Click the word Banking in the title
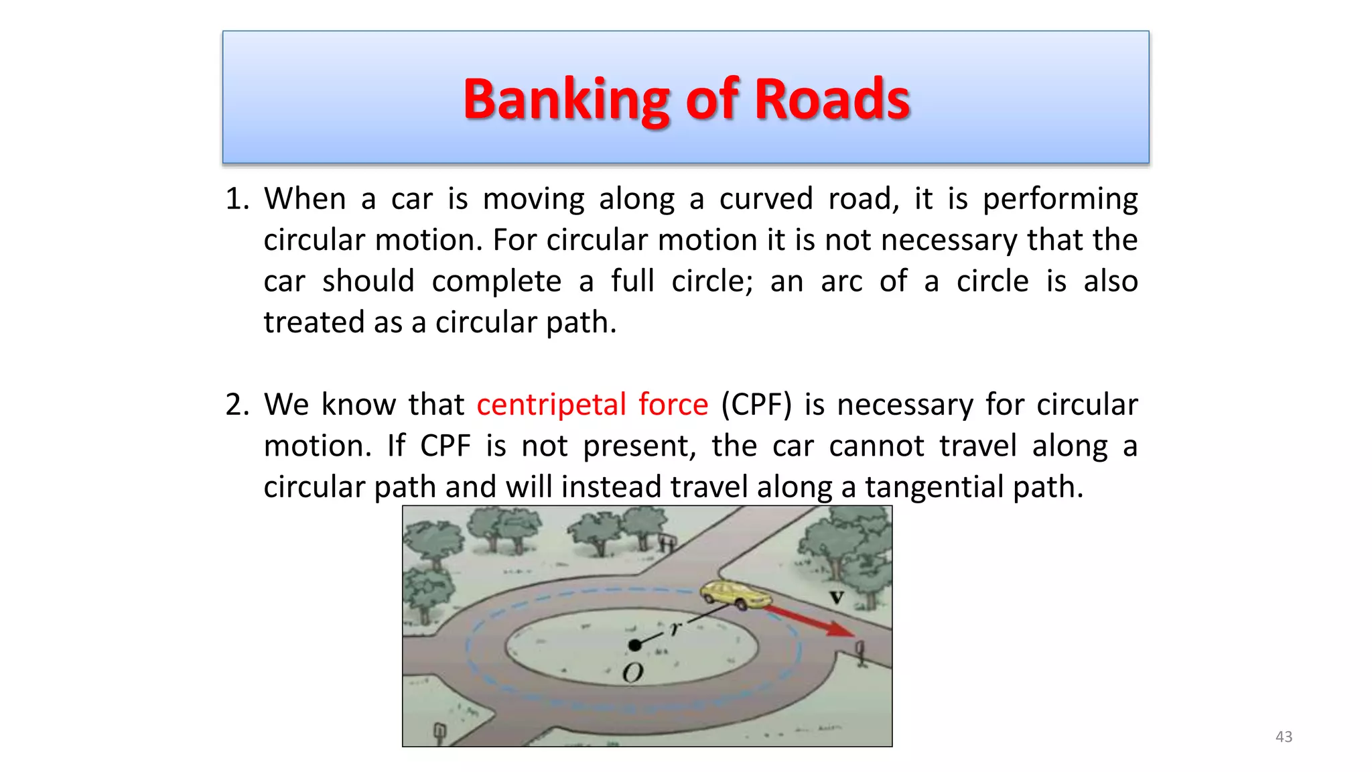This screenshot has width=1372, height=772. click(566, 99)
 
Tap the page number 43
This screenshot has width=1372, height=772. click(1284, 736)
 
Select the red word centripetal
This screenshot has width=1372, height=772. click(551, 405)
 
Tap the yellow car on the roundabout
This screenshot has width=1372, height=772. click(733, 594)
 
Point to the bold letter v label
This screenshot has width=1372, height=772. click(837, 596)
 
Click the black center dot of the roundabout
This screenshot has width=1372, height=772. click(634, 645)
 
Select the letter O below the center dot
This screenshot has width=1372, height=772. click(632, 673)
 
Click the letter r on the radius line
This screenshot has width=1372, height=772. click(676, 628)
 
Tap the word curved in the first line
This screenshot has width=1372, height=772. click(765, 199)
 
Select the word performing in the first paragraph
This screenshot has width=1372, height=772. click(1060, 199)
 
